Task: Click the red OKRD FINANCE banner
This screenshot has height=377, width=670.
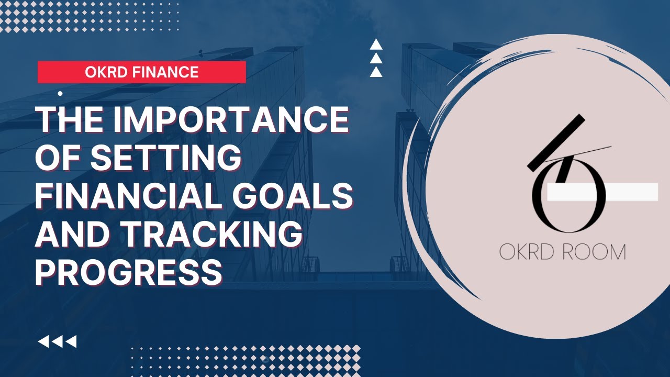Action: (x=141, y=72)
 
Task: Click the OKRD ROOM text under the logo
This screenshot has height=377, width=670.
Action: (x=562, y=252)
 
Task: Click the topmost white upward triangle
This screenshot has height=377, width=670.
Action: (x=376, y=46)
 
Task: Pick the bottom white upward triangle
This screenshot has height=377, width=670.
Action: (x=376, y=72)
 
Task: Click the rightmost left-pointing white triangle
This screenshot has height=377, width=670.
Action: (x=71, y=342)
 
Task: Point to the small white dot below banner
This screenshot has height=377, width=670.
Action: (x=60, y=94)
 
